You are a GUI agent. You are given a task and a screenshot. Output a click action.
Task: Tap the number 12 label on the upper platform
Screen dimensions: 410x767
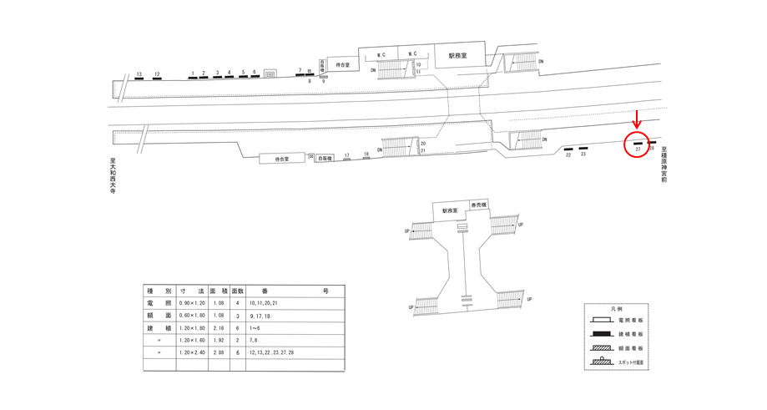[x=157, y=75]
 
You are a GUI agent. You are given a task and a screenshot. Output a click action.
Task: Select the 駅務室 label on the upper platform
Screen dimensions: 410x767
[x=457, y=56]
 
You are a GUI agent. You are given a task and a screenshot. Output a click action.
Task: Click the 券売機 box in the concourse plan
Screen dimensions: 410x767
[x=479, y=205]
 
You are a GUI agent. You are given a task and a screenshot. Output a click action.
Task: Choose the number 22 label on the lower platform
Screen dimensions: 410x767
[x=568, y=154]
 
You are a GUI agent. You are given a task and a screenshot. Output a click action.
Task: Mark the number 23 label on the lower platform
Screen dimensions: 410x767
[x=583, y=154]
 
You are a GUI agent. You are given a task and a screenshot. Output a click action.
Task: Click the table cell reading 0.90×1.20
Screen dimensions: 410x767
[x=192, y=303]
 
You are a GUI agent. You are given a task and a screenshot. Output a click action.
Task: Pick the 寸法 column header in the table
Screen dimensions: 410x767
[x=192, y=291]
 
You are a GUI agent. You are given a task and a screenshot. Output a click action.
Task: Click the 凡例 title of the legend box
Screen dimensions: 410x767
[x=617, y=309]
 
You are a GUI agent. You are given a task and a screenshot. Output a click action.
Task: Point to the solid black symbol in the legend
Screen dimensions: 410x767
[x=602, y=333]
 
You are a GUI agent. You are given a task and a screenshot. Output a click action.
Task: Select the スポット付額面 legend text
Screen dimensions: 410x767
[x=631, y=363]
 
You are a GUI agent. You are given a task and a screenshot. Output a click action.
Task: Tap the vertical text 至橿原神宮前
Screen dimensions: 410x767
[x=664, y=165]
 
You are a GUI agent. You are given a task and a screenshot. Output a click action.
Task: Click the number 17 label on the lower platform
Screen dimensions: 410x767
[x=347, y=155]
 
